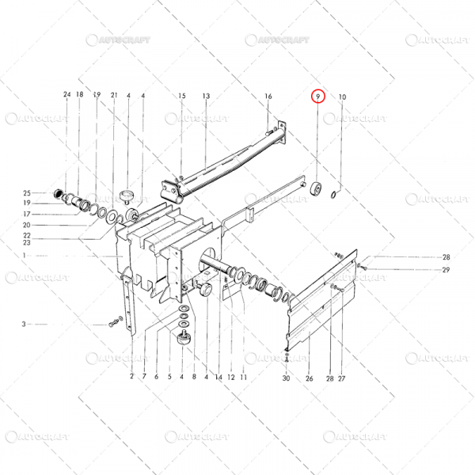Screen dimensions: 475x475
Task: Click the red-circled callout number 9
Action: tap(317, 97)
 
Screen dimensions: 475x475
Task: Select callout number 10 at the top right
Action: tap(342, 97)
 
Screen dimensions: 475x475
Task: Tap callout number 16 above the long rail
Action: tap(268, 97)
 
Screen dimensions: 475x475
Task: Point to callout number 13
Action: tap(206, 97)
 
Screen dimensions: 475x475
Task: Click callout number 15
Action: tap(181, 97)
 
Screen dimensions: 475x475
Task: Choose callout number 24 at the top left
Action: tap(66, 96)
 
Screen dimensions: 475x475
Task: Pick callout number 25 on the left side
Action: tap(26, 193)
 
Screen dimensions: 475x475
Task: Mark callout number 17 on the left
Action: tap(26, 214)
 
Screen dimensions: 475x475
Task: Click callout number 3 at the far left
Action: tap(24, 324)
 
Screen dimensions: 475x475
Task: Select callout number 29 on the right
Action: tap(446, 271)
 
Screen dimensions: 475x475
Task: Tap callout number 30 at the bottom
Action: tap(286, 378)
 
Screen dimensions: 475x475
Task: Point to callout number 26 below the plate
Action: tap(310, 378)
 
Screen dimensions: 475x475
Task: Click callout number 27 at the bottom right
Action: tap(342, 378)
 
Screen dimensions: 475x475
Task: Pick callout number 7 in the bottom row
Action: tap(144, 377)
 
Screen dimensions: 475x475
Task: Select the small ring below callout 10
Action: tap(335, 195)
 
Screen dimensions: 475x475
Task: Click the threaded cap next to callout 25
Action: tap(57, 194)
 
